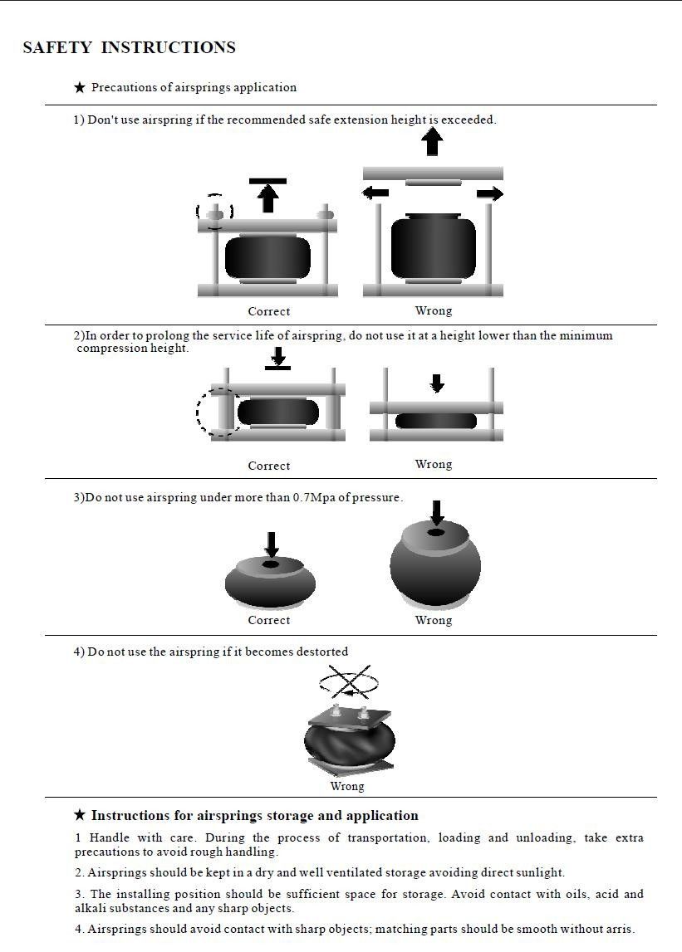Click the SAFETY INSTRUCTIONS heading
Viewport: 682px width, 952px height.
coord(129,48)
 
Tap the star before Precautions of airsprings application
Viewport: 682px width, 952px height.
coord(80,87)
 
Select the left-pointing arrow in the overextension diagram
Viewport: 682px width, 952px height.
coord(375,193)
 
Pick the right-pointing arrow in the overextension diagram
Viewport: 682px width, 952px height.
coord(490,193)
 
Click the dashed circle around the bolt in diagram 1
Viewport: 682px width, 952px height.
coord(214,212)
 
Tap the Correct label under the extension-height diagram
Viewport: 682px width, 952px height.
coord(268,312)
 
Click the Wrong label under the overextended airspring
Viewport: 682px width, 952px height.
coord(433,311)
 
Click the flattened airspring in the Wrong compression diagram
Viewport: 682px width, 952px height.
coord(435,421)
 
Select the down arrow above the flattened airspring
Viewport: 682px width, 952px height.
coord(437,383)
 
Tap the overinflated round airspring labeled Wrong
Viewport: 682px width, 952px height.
coord(435,566)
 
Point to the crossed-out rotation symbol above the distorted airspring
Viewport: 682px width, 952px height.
coord(349,684)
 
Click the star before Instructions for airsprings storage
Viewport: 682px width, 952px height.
coord(80,815)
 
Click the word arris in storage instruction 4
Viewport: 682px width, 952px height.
coord(618,930)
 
